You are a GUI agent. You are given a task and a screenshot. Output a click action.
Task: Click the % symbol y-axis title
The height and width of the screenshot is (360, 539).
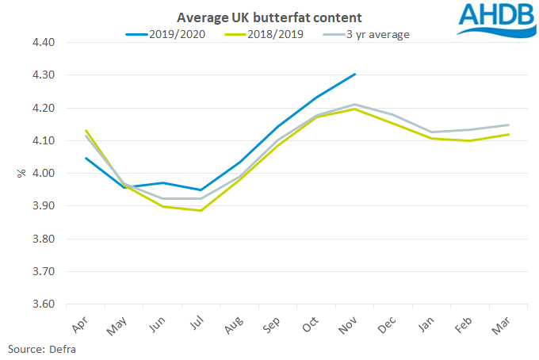[x=21, y=173]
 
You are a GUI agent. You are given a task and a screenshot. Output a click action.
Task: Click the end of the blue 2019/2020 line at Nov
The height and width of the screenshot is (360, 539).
[x=355, y=74]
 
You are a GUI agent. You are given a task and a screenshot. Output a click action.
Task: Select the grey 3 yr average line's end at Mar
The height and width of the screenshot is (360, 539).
[x=508, y=124]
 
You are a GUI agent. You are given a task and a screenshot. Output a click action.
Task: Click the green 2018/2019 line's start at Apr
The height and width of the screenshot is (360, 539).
[x=86, y=130]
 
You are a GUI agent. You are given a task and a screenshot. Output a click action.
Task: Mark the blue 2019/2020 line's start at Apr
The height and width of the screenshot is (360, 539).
[x=86, y=158]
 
